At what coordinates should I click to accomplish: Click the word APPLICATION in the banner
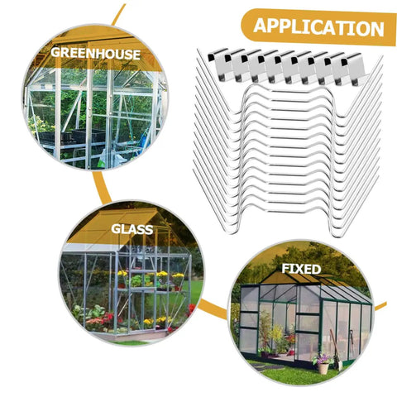coord(318,26)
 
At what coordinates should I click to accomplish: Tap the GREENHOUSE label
coord(95,54)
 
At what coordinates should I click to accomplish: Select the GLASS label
coord(132,229)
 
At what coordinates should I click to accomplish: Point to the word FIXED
coord(301,269)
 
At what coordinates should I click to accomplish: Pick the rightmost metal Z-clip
coord(353,69)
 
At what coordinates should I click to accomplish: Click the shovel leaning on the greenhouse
coord(336,350)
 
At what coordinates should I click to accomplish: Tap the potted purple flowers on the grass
coord(322,359)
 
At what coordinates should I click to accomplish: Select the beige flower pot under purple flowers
coord(323,369)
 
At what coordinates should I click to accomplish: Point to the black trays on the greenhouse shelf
coord(72,136)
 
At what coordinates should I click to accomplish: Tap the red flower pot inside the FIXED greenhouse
coord(291,352)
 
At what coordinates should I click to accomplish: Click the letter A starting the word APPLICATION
coord(260,26)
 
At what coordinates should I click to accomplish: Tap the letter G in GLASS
coord(117,229)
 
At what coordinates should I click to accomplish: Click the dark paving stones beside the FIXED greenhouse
coord(266,367)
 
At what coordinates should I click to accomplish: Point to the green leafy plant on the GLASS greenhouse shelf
coord(136,280)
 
